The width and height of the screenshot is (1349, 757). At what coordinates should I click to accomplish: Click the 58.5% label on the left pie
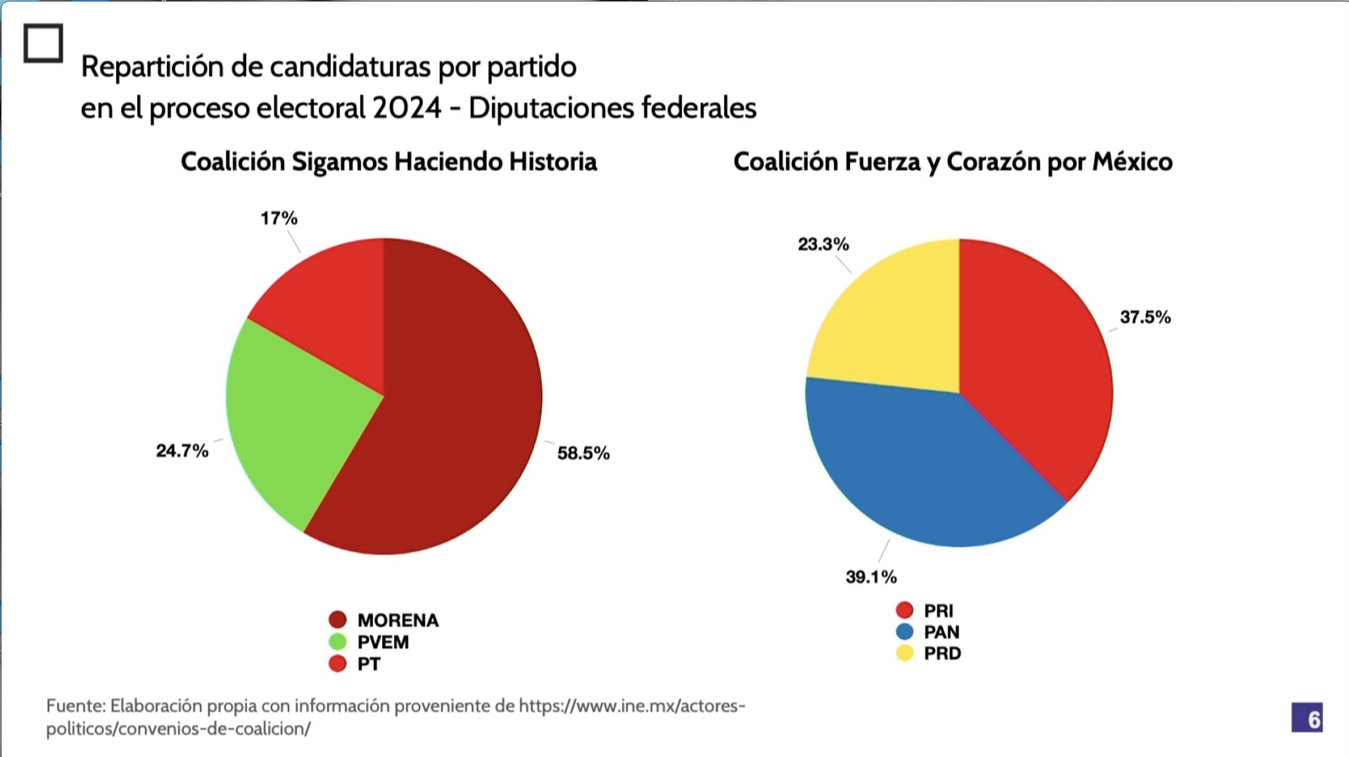583,453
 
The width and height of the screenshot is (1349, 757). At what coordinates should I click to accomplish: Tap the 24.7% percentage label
182,451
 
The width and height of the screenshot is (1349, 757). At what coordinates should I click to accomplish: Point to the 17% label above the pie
279,218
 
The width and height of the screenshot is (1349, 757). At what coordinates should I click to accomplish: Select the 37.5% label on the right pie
1145,317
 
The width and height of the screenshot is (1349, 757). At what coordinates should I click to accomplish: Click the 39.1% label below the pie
871,577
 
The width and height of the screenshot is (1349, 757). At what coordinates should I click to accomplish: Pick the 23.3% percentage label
823,244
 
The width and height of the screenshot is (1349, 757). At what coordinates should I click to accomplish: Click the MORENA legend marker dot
338,620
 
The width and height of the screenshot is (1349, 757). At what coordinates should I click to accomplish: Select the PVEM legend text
383,642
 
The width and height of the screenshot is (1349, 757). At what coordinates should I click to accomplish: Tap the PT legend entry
369,664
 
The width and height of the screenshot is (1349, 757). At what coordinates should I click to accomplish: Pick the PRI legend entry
938,610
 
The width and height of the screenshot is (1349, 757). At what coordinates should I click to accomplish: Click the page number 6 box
1307,717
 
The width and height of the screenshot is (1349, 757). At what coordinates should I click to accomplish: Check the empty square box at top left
43,43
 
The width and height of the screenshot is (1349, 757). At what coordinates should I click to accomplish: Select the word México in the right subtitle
1132,162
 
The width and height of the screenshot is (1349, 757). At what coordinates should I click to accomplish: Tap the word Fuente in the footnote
75,706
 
